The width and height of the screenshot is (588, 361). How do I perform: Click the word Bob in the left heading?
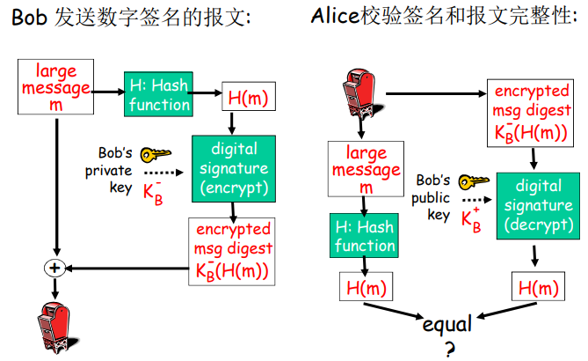click(x=27, y=17)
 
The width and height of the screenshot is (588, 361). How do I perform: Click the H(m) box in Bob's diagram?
click(x=247, y=98)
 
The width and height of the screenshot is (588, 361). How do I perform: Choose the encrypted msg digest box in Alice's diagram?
click(x=533, y=114)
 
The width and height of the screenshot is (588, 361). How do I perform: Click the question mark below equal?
click(x=450, y=350)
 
